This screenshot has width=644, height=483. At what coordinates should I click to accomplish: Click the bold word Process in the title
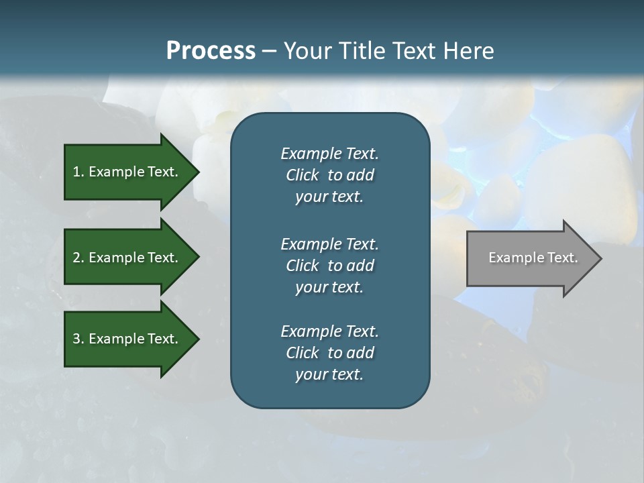pos(211,51)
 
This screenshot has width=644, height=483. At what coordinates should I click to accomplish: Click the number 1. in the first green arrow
pos(78,172)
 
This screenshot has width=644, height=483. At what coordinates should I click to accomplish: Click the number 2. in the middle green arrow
pos(78,258)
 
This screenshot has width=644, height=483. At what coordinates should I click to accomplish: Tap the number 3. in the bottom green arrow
pos(78,339)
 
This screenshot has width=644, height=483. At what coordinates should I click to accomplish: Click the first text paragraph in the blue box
pos(329,175)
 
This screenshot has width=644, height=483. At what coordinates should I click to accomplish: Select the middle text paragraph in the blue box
pos(329,266)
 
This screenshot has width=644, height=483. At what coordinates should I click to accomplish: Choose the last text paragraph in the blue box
pos(329,353)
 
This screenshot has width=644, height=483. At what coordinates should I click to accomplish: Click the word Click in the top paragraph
pos(303,175)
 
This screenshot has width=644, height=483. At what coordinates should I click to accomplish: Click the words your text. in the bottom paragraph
pos(329,374)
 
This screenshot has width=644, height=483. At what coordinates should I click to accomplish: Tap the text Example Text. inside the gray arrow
pos(533,258)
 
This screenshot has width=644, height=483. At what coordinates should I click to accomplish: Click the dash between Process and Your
pos(269,52)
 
